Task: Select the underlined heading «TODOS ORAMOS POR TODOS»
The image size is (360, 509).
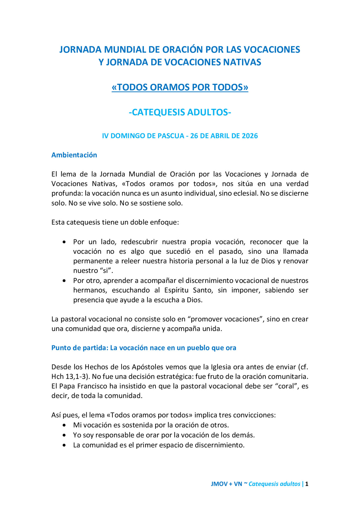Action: tap(180, 87)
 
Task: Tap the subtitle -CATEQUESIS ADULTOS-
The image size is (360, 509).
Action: tap(180, 112)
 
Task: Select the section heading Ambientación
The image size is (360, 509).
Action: tap(74, 155)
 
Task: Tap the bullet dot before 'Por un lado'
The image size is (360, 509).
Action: tap(64, 242)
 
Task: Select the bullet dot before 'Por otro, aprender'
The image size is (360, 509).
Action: tap(64, 280)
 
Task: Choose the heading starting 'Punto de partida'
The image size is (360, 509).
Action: tap(143, 348)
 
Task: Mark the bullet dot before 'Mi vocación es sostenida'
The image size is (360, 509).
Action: tap(64, 425)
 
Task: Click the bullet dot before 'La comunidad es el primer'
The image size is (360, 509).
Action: tap(64, 445)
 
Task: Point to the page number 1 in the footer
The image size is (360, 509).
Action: tap(307, 484)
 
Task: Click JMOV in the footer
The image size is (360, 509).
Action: tap(219, 484)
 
